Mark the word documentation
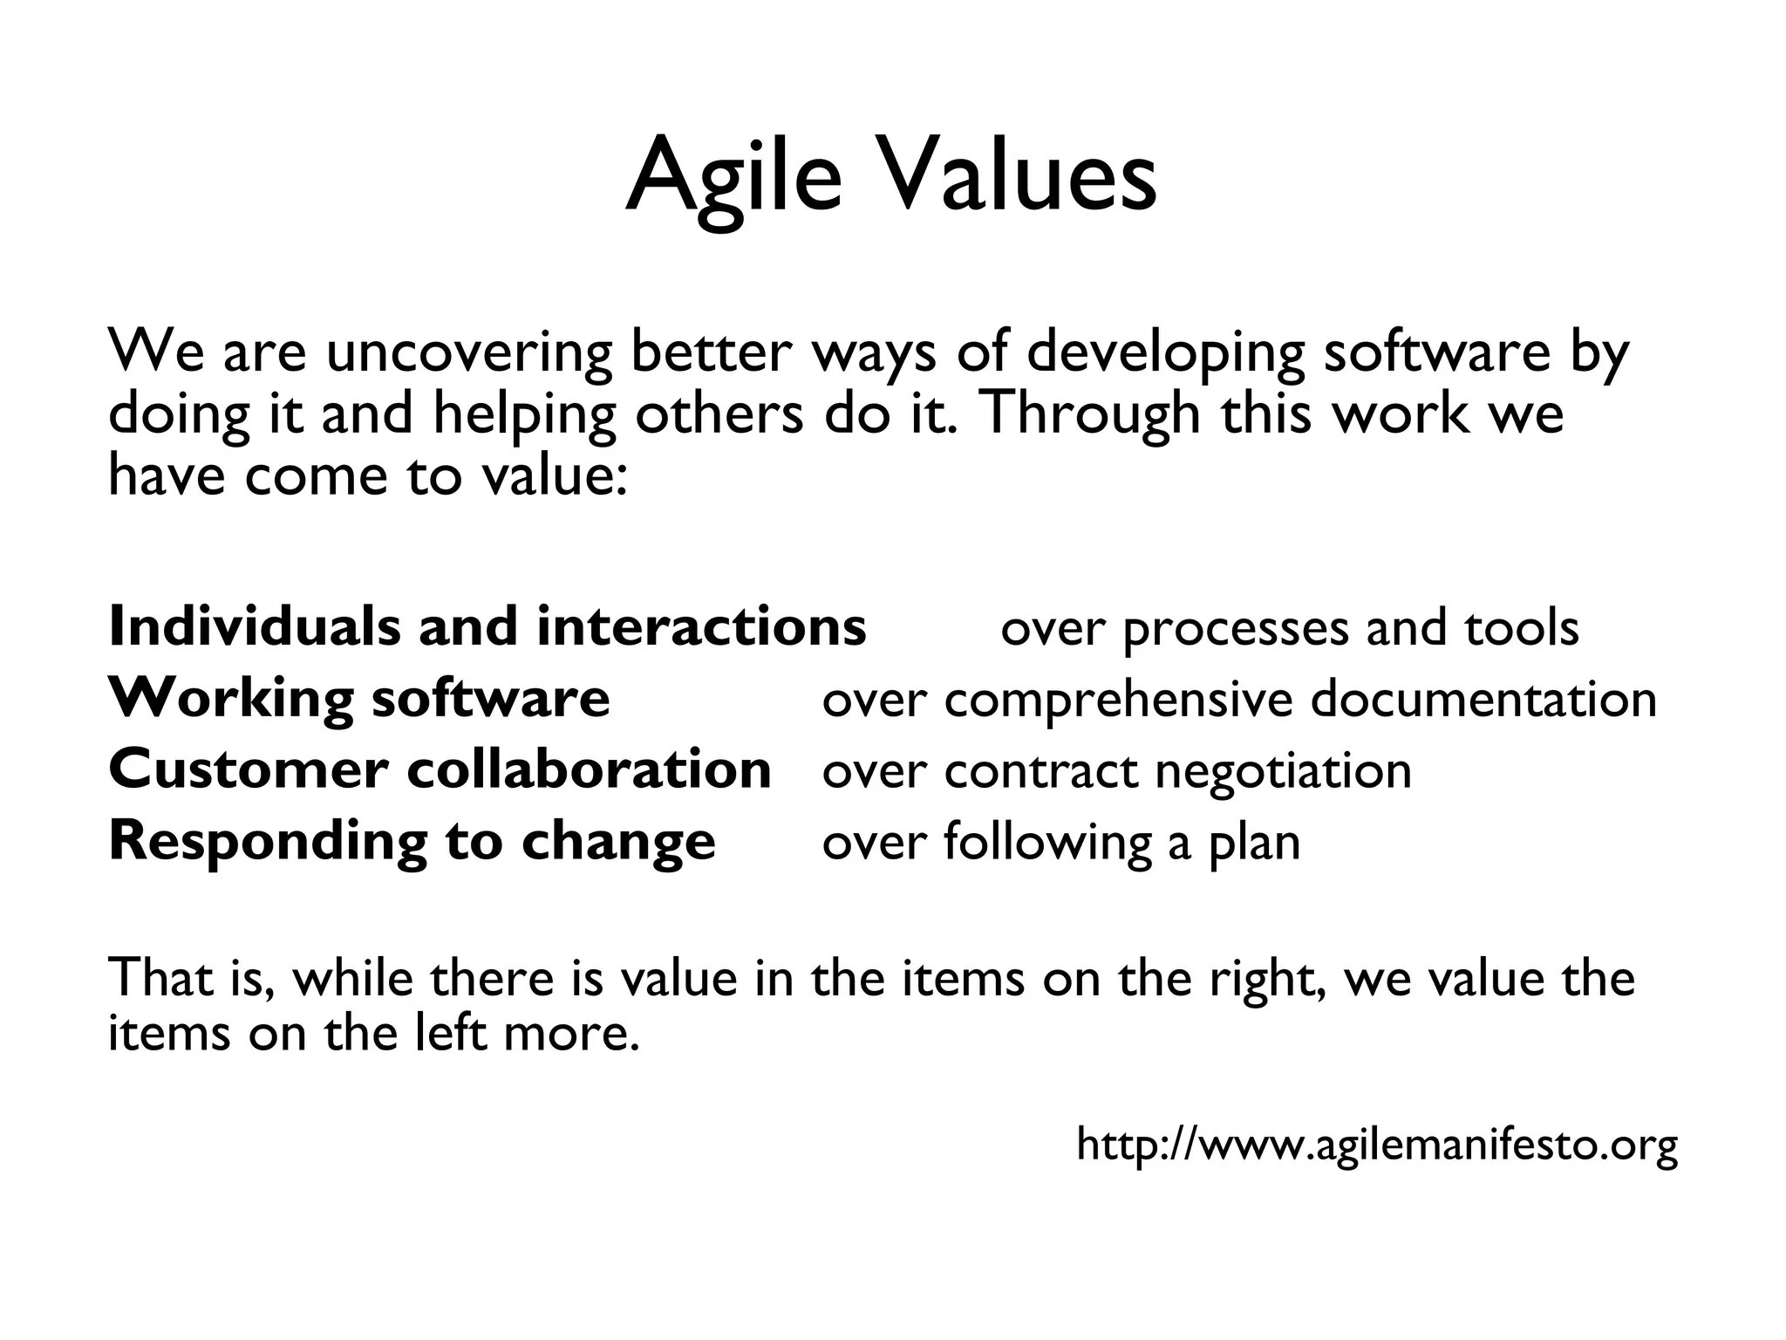[x=1483, y=700]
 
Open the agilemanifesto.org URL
[x=1377, y=1145]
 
